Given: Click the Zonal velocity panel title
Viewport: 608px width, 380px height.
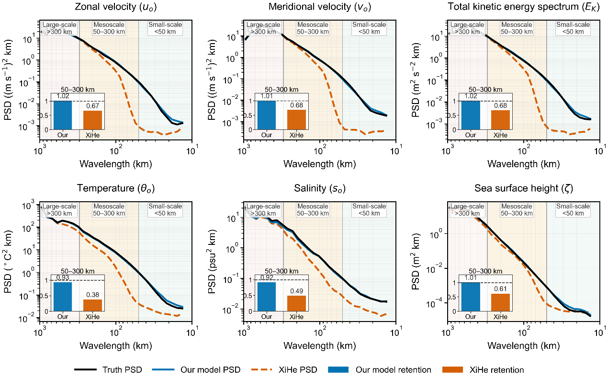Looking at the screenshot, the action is click(116, 7).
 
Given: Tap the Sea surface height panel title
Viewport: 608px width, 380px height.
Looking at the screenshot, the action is click(524, 188).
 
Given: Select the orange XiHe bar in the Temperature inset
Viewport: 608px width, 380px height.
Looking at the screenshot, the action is click(92, 305).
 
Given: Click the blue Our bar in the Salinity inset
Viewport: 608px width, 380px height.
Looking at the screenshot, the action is click(267, 297).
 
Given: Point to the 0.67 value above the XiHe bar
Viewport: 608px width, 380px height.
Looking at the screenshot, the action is click(93, 105).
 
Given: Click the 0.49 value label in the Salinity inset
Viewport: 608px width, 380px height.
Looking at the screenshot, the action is click(297, 291).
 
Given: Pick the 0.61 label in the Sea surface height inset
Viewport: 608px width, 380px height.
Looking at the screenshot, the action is click(500, 289).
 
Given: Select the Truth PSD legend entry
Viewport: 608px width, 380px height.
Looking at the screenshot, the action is click(108, 369).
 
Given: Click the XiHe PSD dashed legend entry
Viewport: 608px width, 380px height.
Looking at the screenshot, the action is click(284, 369).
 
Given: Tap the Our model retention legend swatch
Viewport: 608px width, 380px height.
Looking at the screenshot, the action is click(338, 369).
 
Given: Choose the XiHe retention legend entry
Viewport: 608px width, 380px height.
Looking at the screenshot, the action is click(483, 369).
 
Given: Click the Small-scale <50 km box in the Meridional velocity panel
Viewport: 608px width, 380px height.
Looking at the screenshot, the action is click(369, 28).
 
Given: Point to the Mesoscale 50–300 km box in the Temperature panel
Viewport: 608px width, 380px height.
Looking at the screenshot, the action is click(109, 210).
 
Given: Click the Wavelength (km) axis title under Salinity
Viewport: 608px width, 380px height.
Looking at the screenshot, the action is click(320, 345).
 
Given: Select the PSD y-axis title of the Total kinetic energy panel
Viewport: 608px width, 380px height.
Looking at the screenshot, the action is click(416, 80).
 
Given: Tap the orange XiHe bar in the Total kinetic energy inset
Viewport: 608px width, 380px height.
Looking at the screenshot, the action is click(500, 120).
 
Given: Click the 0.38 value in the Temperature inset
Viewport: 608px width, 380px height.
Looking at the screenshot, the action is click(93, 295).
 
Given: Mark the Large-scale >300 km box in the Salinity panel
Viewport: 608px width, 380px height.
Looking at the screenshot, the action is click(263, 210).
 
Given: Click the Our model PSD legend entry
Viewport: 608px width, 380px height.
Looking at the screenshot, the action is click(196, 369).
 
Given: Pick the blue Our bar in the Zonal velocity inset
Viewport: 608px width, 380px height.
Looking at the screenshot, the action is click(63, 115).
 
